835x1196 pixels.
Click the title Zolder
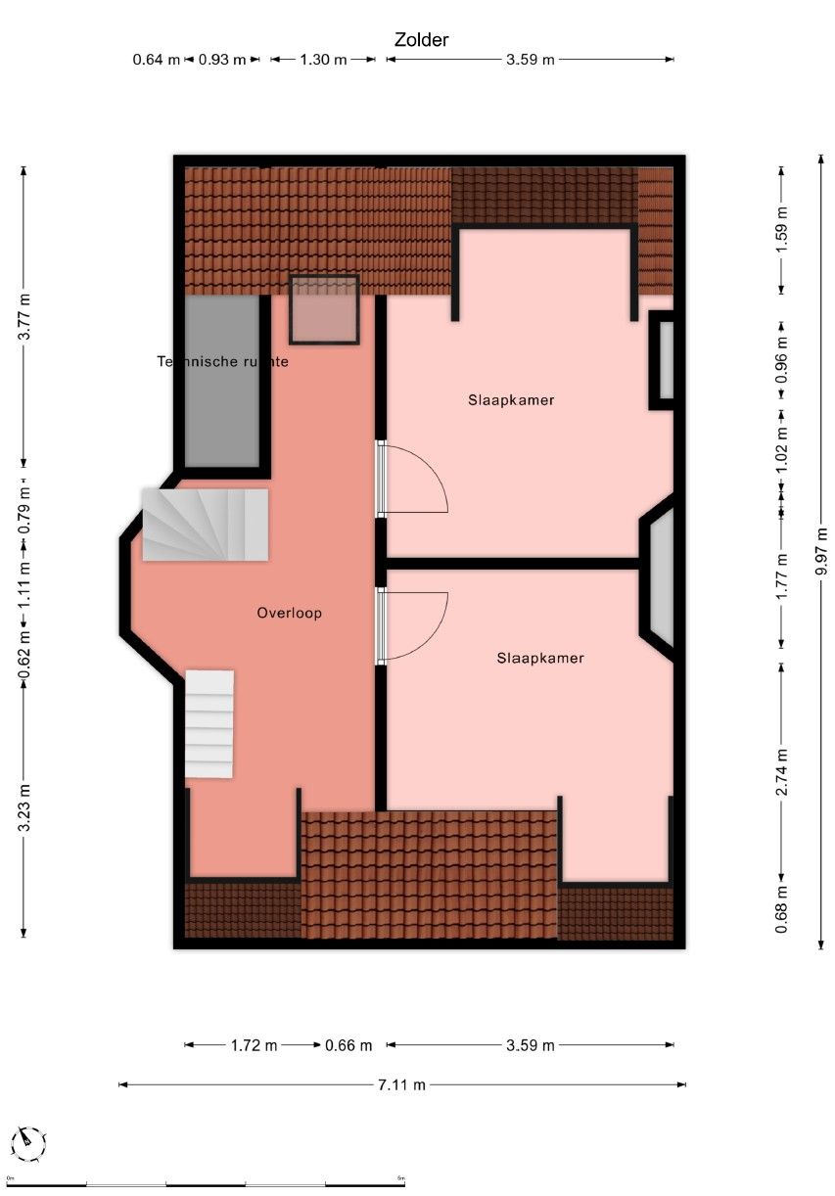(421, 40)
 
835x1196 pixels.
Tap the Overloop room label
(289, 614)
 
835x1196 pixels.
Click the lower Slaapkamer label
(539, 659)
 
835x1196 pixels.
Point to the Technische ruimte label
(223, 361)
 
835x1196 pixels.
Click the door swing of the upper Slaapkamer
(416, 479)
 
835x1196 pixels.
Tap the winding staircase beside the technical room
(205, 525)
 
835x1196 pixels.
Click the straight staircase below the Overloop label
(209, 723)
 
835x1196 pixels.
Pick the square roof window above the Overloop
(324, 310)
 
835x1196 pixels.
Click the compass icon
(30, 1141)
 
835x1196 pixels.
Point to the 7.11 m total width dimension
(403, 1084)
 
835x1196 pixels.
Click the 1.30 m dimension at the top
(322, 60)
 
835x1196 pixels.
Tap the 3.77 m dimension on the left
(24, 316)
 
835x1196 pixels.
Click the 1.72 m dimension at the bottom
(255, 1045)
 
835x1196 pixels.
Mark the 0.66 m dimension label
(348, 1045)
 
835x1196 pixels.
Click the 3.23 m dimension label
(24, 806)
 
